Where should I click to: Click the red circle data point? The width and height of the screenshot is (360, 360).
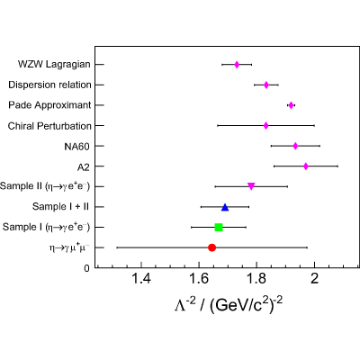(x=211, y=247)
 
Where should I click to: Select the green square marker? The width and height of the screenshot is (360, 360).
(x=219, y=228)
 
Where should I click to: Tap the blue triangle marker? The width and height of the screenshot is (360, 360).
(x=225, y=207)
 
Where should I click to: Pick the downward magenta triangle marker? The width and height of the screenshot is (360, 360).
(x=251, y=186)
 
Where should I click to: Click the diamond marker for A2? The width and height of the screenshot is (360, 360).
(x=306, y=166)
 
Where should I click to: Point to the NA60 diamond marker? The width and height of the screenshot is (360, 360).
(x=295, y=146)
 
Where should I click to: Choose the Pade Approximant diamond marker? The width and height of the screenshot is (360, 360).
(x=291, y=105)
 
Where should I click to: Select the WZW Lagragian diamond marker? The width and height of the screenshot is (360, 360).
(x=237, y=65)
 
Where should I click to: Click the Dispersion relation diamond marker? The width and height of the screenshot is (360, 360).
(x=266, y=85)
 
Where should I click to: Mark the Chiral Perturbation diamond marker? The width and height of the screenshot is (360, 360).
(x=265, y=126)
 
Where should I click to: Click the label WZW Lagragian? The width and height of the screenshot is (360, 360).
(x=54, y=65)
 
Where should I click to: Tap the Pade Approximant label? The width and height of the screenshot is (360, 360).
(x=49, y=105)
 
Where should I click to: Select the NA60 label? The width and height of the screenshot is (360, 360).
(x=76, y=147)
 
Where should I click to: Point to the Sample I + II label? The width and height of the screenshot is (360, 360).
(x=60, y=207)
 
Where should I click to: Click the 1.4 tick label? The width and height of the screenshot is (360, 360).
(x=141, y=279)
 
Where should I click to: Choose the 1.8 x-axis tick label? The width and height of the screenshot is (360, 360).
(x=256, y=279)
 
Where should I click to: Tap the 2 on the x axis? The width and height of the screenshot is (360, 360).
(x=314, y=279)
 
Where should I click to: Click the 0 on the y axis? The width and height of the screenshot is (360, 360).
(x=87, y=268)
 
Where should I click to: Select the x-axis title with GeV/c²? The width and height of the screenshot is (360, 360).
(x=229, y=305)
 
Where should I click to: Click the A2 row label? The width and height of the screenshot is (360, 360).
(x=84, y=166)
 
